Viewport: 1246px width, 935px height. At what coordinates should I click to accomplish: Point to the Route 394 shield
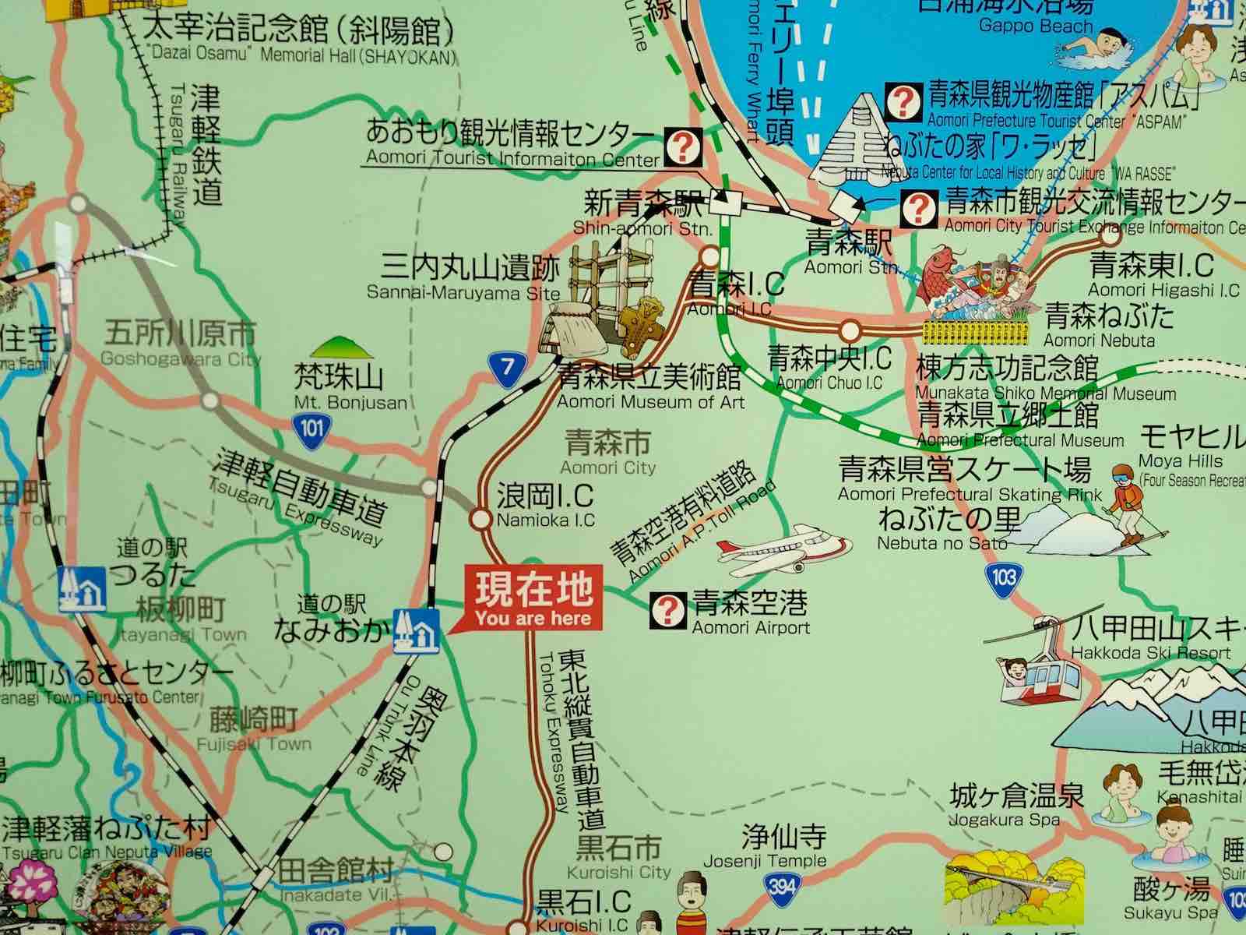pyautogui.click(x=780, y=885)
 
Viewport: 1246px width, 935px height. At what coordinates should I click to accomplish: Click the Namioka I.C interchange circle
pyautogui.click(x=481, y=518)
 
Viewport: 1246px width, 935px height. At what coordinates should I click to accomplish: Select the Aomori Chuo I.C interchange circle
pyautogui.click(x=850, y=328)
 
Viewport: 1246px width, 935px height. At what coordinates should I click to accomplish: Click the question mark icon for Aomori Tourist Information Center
pyautogui.click(x=685, y=146)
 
